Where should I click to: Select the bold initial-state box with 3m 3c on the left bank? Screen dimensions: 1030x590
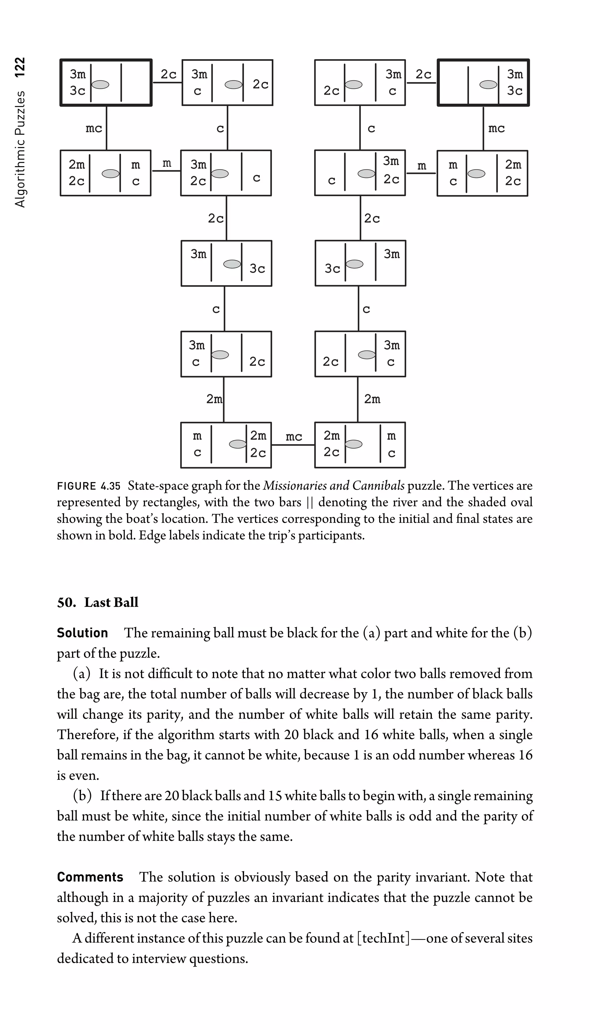tap(106, 83)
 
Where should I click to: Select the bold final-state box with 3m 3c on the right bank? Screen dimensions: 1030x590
tap(483, 83)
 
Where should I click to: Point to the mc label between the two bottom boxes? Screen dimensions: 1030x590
tap(294, 437)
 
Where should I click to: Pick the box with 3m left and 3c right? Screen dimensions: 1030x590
tap(226, 263)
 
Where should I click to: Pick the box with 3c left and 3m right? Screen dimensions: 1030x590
tap(360, 263)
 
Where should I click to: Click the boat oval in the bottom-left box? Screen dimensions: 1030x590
tap(238, 444)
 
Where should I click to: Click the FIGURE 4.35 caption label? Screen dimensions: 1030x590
tap(89, 486)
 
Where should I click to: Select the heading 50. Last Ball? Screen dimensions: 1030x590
tap(98, 602)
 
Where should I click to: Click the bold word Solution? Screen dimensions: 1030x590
tap(82, 633)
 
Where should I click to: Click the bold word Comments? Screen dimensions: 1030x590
tap(90, 877)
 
